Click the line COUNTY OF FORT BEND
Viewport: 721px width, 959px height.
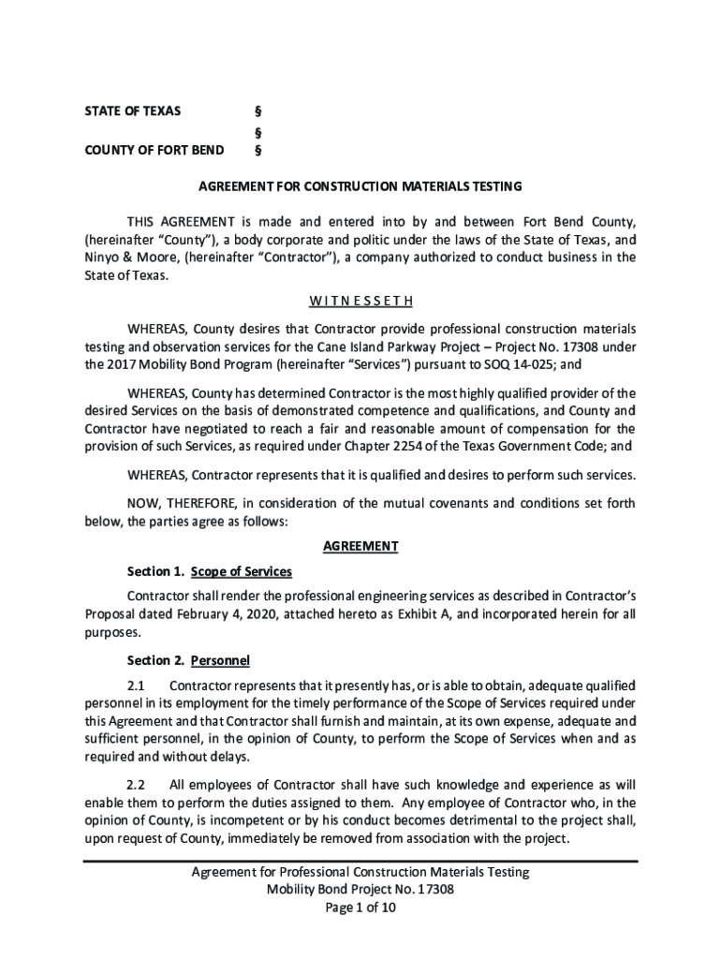coord(154,150)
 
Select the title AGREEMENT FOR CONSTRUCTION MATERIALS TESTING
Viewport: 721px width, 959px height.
coord(360,186)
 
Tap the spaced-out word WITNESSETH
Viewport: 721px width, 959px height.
coord(360,302)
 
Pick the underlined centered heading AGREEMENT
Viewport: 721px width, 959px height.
coord(360,546)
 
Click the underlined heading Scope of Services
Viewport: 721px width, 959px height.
coord(242,571)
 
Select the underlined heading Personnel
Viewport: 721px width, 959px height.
coord(220,660)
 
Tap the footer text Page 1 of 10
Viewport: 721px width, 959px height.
coord(360,908)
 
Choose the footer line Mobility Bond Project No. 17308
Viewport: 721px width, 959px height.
coord(360,890)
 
